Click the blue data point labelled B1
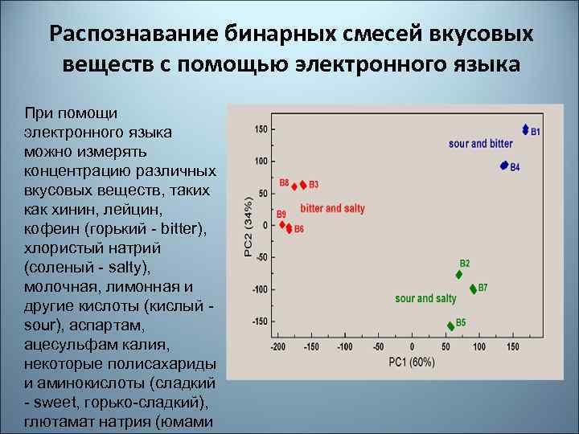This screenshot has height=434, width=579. [525, 129]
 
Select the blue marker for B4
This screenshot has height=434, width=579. [504, 166]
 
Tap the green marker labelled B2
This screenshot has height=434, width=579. [459, 274]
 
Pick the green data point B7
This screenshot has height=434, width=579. [473, 289]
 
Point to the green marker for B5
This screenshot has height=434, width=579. [450, 325]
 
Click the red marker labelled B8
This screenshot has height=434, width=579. [294, 186]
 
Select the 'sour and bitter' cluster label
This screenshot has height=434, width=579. [480, 144]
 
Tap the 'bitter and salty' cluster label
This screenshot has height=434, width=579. [332, 208]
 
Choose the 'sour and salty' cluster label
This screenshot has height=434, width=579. [425, 299]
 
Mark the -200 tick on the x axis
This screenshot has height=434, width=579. [278, 347]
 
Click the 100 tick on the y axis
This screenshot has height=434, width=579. [261, 161]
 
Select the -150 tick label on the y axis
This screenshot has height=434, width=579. [259, 321]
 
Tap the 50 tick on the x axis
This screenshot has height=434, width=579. [445, 347]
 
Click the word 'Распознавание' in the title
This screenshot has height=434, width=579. [133, 34]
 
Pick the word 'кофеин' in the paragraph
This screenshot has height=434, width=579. [53, 229]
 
